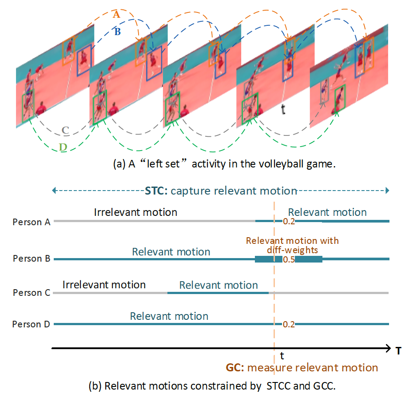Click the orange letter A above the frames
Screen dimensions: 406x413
116,15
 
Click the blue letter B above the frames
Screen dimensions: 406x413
117,32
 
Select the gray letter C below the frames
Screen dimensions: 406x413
65,130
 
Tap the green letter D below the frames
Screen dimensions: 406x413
63,147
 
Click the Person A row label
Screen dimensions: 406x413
31,222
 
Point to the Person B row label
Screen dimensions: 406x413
31,259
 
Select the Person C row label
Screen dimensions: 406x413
31,293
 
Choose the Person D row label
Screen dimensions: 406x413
31,324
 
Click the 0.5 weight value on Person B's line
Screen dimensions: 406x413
289,259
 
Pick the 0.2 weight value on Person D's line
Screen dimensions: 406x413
289,325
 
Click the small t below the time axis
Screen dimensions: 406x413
282,356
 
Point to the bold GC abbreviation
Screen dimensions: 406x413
234,368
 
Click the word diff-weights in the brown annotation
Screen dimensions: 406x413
292,250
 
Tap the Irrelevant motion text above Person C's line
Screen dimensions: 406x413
104,284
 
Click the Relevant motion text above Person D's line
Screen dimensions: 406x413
169,316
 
